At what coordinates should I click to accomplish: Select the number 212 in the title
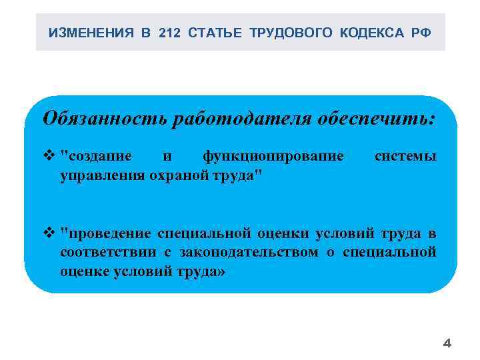click(170, 33)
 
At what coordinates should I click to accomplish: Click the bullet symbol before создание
click(49, 157)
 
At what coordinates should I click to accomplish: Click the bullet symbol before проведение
click(49, 233)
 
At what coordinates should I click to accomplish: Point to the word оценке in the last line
click(83, 271)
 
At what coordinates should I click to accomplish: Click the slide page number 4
click(447, 344)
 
